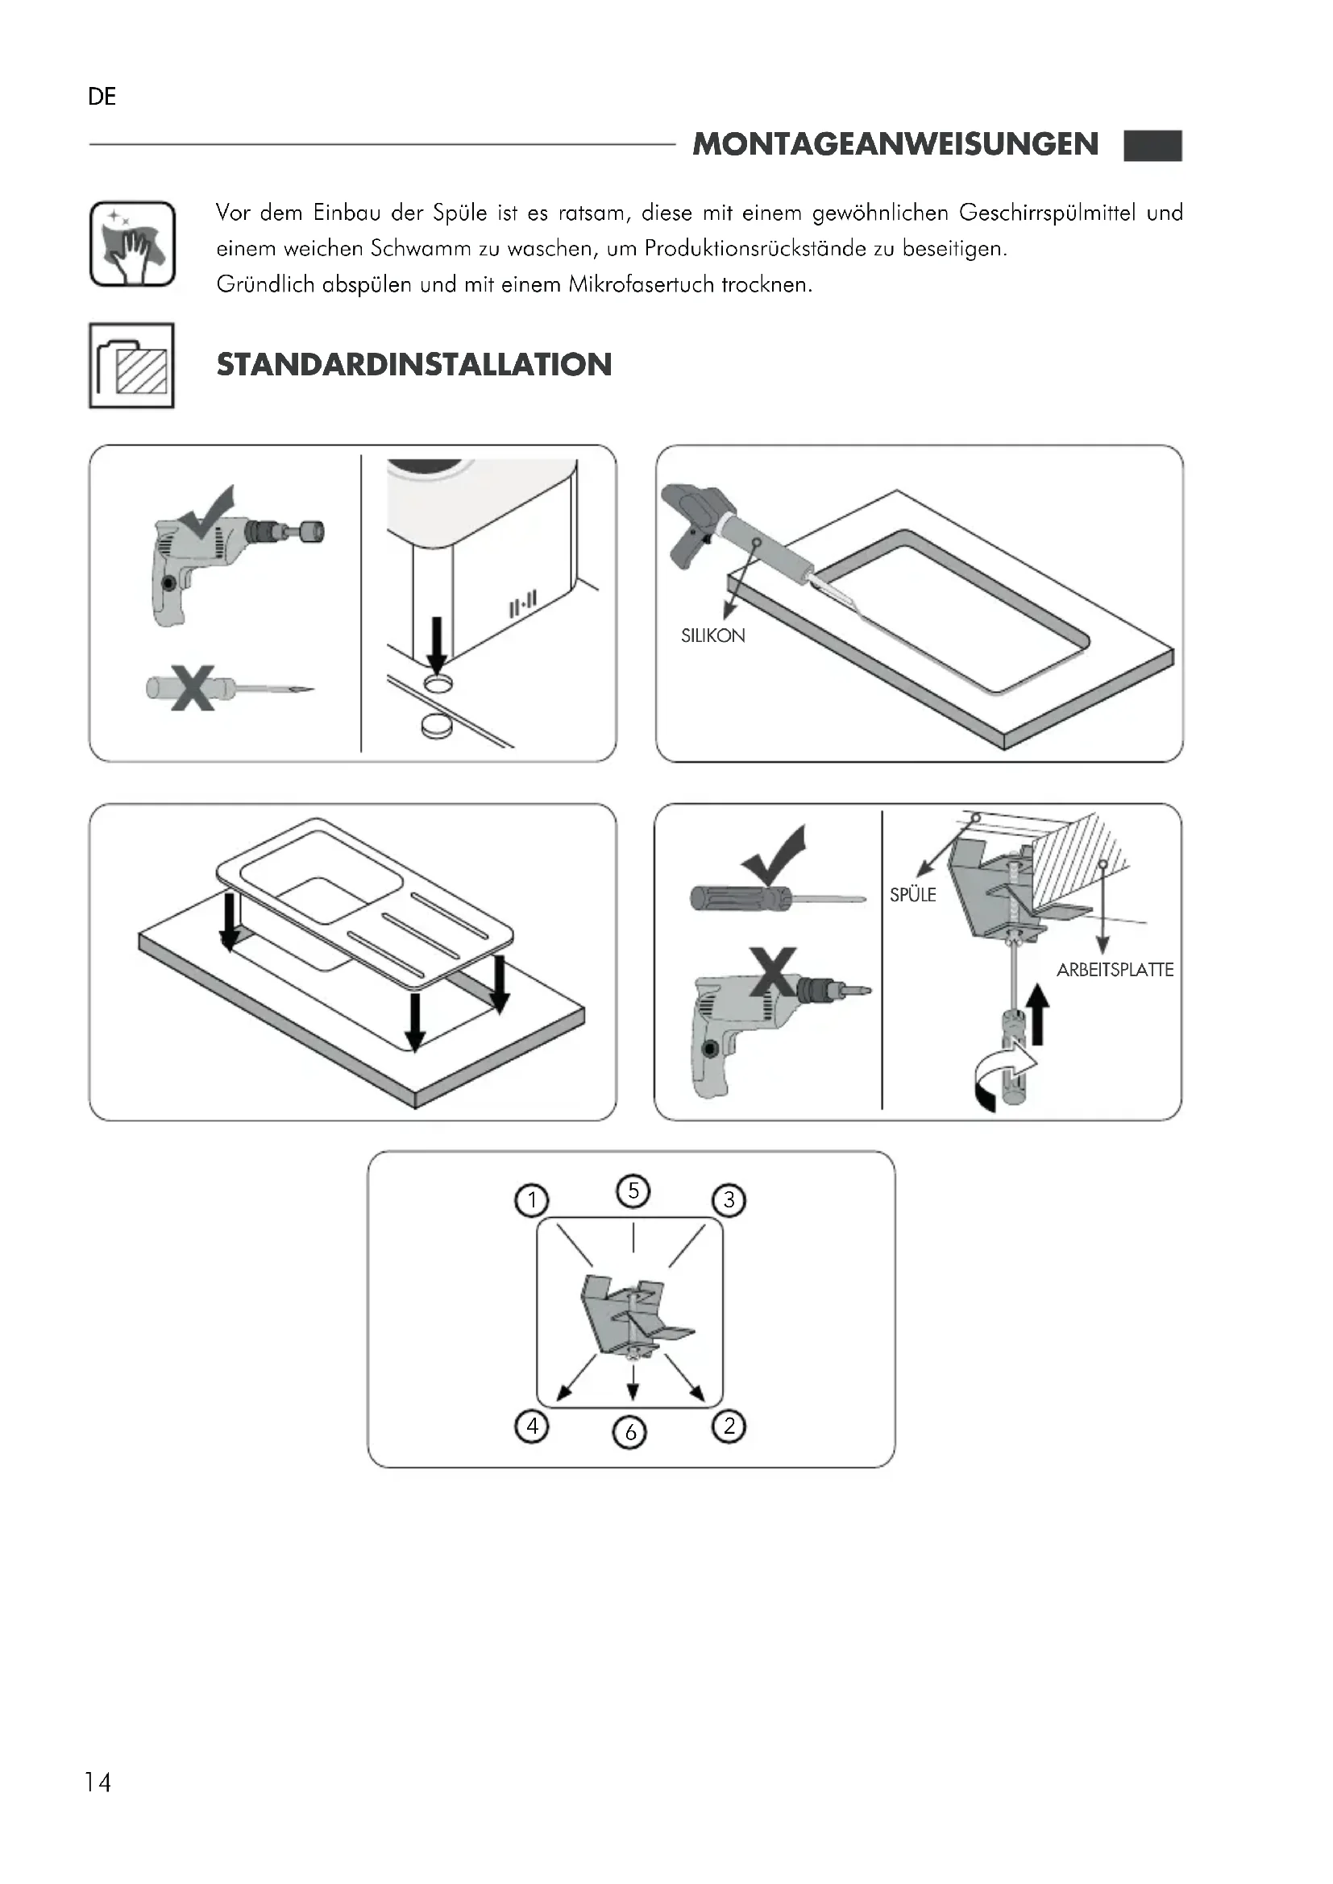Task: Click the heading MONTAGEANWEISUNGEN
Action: [895, 144]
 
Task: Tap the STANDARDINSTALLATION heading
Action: [413, 364]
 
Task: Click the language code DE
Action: [102, 97]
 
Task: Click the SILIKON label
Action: [712, 636]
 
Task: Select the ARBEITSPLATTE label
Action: [1114, 970]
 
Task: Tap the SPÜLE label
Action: [913, 894]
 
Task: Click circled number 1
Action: [531, 1200]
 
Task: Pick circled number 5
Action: [633, 1190]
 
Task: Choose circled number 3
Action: [728, 1200]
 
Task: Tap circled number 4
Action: [531, 1426]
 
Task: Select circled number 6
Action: [629, 1433]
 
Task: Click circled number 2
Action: [728, 1426]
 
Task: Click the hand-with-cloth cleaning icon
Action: [132, 244]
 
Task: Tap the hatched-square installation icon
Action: [131, 365]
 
